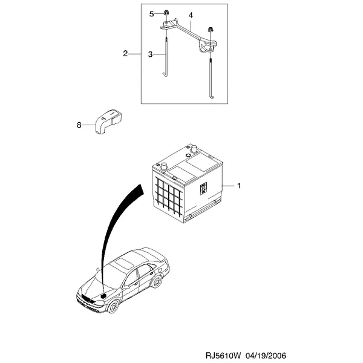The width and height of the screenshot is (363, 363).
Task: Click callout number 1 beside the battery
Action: (239, 186)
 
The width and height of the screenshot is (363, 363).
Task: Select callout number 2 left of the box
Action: (125, 54)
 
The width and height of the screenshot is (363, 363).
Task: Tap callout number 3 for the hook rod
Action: (150, 54)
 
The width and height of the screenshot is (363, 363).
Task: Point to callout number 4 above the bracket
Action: (191, 15)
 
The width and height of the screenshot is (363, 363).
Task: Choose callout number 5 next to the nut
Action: (151, 14)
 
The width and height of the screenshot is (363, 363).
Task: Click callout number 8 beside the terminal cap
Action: (79, 125)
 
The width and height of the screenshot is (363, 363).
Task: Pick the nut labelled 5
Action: (166, 13)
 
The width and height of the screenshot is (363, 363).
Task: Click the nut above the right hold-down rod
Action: (210, 30)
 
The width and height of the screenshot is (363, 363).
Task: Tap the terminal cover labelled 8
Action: (108, 121)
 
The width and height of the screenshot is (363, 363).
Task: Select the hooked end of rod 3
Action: (165, 74)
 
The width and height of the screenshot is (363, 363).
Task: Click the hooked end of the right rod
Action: (211, 96)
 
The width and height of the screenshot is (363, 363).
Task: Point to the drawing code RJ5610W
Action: (223, 355)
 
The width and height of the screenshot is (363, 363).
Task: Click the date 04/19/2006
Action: (266, 355)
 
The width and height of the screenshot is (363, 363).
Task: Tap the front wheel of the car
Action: (114, 306)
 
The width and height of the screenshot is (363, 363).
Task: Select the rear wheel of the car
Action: (157, 281)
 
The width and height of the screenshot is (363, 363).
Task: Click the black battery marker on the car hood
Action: (103, 296)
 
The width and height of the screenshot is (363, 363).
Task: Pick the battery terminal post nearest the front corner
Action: (164, 166)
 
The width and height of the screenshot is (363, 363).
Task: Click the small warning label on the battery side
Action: (203, 188)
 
